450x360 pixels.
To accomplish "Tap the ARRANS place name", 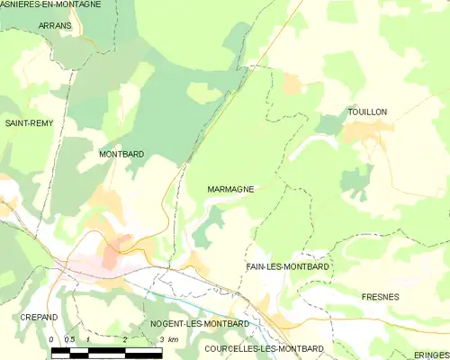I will coord(55,26).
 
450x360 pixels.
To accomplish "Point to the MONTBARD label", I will coord(121,155).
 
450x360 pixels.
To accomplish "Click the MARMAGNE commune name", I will coord(229,190).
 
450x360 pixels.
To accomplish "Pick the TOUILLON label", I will coord(367,112).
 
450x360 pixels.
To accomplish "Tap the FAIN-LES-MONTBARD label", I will coord(287,267).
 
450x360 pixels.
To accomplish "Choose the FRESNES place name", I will coord(380,296).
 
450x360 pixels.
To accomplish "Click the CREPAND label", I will coord(39,318).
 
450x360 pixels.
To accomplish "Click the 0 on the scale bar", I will coord(52,339).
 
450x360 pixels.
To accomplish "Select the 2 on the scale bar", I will coord(124,339).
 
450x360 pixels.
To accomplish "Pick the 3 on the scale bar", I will coord(161,339).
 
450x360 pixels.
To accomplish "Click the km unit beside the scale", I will coord(174,339).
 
